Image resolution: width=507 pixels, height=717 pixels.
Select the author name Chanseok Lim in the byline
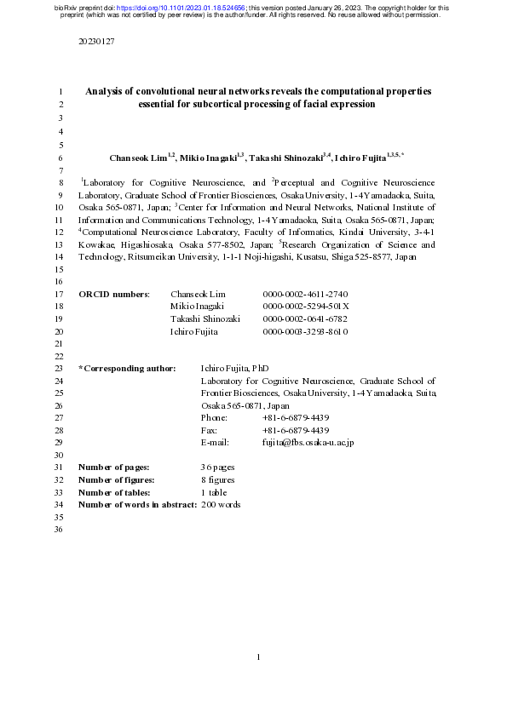pyautogui.click(x=139, y=158)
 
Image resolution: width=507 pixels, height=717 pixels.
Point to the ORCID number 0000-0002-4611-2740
pyautogui.click(x=305, y=294)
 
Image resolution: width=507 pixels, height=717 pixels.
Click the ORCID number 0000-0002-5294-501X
pyautogui.click(x=306, y=306)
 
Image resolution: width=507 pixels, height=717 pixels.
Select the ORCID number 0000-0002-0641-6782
pyautogui.click(x=305, y=318)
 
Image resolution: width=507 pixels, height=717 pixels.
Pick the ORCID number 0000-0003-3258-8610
pyautogui.click(x=305, y=330)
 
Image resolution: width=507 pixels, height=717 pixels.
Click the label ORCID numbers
pyautogui.click(x=114, y=294)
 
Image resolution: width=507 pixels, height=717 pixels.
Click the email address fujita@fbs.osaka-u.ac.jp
pyautogui.click(x=308, y=443)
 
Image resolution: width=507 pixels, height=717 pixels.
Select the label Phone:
pyautogui.click(x=214, y=418)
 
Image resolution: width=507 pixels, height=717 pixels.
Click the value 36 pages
pyautogui.click(x=218, y=467)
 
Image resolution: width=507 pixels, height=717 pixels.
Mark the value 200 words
pyautogui.click(x=221, y=505)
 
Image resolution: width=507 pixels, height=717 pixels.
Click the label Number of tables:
pyautogui.click(x=114, y=492)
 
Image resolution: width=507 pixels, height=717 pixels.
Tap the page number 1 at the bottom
pyautogui.click(x=258, y=657)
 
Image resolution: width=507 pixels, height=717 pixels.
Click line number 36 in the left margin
pyautogui.click(x=59, y=530)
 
